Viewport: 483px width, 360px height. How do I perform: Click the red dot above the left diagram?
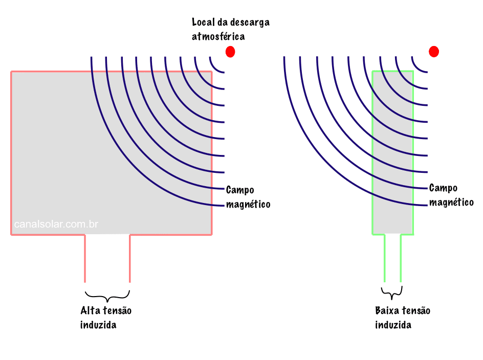coord(230,52)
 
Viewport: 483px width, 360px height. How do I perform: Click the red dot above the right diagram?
coord(434,52)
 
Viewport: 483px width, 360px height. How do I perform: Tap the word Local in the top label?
coord(203,22)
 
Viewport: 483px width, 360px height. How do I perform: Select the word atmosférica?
coord(218,36)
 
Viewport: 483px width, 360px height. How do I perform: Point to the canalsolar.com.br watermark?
coord(56,224)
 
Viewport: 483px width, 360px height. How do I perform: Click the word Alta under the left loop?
coord(90,310)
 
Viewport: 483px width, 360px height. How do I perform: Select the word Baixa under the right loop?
coord(387,310)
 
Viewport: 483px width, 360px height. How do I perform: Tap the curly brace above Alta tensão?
coord(107,296)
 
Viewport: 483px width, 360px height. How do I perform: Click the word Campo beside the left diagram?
coord(240,190)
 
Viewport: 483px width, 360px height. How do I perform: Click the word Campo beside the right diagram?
coord(443,188)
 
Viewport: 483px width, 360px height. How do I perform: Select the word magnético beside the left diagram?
coord(248,205)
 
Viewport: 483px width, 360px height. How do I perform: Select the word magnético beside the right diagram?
coord(451,202)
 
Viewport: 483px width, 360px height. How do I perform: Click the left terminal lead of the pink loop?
coord(85,258)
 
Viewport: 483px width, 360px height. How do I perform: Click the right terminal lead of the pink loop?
coord(129,258)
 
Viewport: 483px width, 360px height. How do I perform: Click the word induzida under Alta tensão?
coord(98,325)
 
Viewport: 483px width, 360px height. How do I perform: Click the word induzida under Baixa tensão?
coord(393,325)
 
